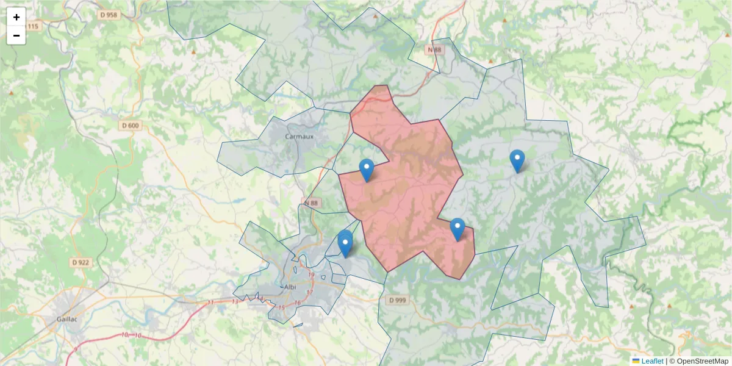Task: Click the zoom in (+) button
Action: pyautogui.click(x=16, y=17)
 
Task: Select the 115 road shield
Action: pyautogui.click(x=33, y=26)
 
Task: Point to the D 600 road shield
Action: pyautogui.click(x=131, y=126)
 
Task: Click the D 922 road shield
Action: pyautogui.click(x=81, y=262)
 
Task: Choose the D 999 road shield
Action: pyautogui.click(x=396, y=300)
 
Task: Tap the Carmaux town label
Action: pyautogui.click(x=299, y=137)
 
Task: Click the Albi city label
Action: pyautogui.click(x=289, y=287)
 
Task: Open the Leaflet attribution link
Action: pyautogui.click(x=651, y=361)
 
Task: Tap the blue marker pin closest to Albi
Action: pyautogui.click(x=345, y=245)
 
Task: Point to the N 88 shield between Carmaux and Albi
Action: pyautogui.click(x=310, y=203)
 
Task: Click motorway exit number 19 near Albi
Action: pyautogui.click(x=311, y=275)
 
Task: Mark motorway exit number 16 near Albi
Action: pyautogui.click(x=297, y=303)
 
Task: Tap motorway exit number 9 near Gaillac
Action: pyautogui.click(x=75, y=349)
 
